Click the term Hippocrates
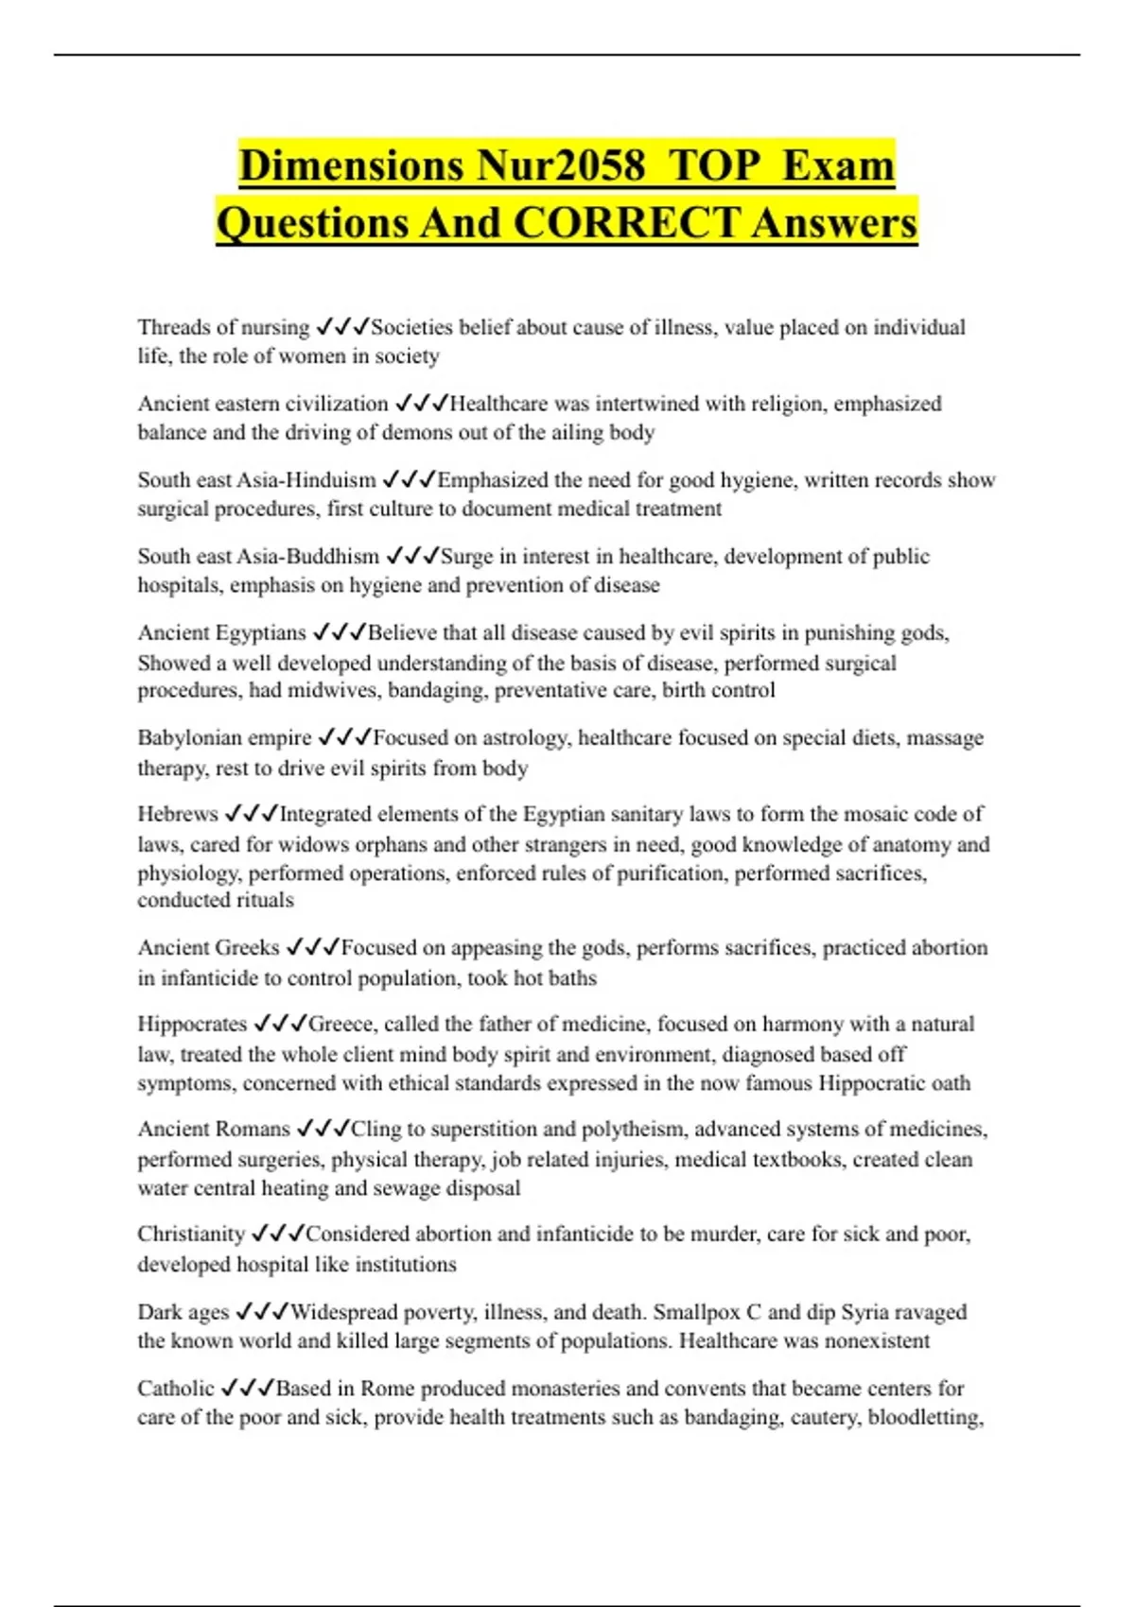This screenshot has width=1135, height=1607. pos(192,1024)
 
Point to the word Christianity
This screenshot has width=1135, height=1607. pos(191,1234)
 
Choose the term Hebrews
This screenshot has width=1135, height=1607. pos(178,814)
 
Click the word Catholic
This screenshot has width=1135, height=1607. pos(176,1388)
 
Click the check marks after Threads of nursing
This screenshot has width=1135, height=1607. pos(341,327)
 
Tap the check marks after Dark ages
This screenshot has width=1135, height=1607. pos(262,1311)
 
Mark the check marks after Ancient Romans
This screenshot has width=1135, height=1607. pos(323,1129)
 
